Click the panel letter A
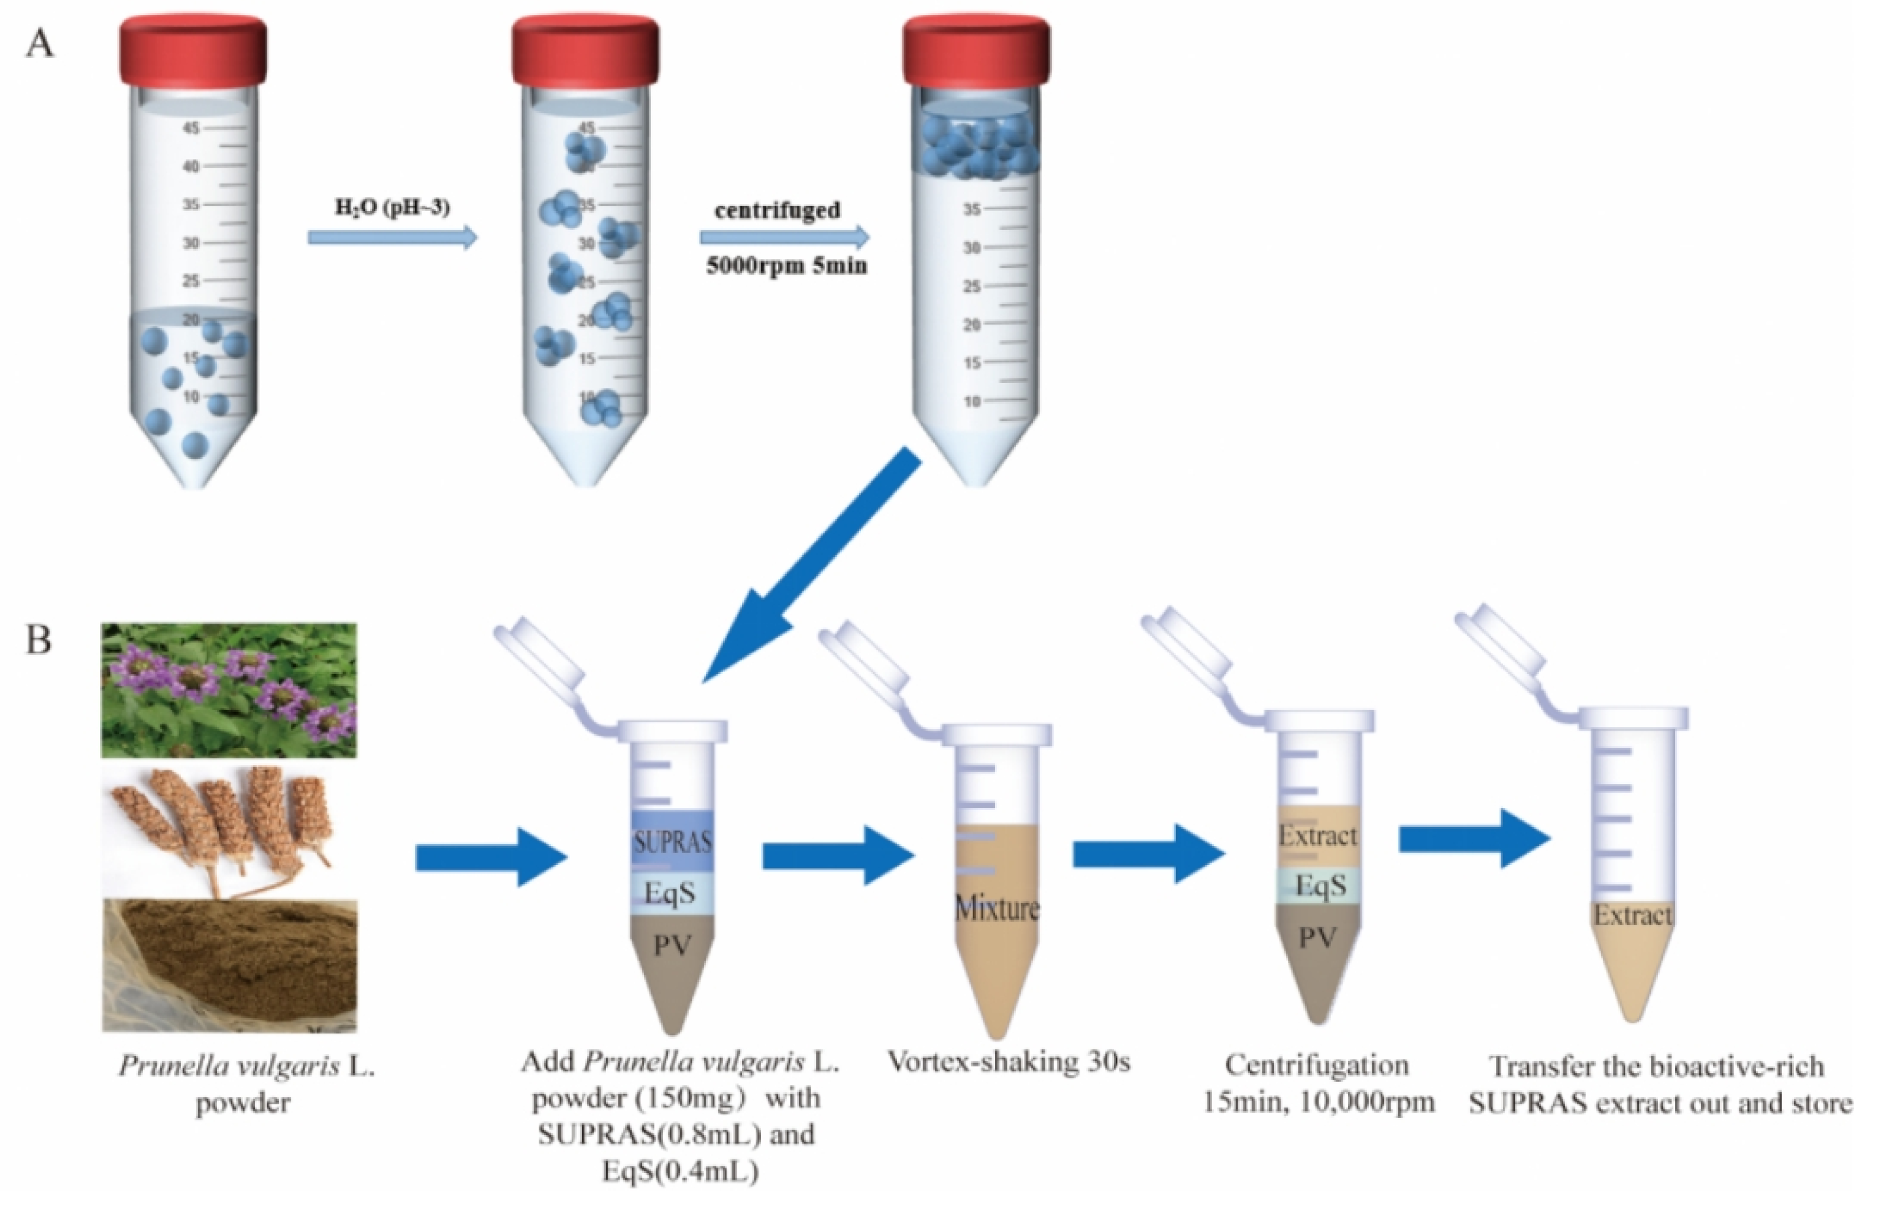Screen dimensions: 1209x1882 pyautogui.click(x=40, y=44)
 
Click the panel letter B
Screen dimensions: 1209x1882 pyautogui.click(x=38, y=639)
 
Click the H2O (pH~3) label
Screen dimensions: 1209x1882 pyautogui.click(x=393, y=208)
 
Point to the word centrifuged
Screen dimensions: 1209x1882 pyautogui.click(x=778, y=210)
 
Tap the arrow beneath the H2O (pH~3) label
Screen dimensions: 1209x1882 pyautogui.click(x=393, y=237)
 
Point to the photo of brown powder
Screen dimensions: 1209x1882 pyautogui.click(x=228, y=965)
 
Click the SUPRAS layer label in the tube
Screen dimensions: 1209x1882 pyautogui.click(x=673, y=842)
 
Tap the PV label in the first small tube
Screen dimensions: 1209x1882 pyautogui.click(x=673, y=945)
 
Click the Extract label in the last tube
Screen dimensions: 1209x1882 pyautogui.click(x=1633, y=915)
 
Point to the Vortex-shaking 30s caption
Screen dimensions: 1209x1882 pyautogui.click(x=1009, y=1062)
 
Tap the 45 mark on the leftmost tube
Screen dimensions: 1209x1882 pyautogui.click(x=192, y=128)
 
